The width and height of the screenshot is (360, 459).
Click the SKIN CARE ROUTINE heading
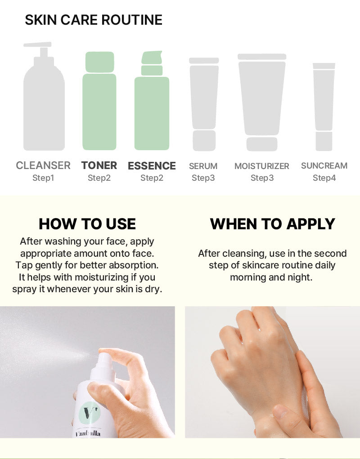(x=94, y=20)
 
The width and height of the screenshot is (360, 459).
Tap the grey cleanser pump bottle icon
(x=44, y=96)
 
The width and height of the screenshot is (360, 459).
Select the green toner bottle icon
(x=99, y=101)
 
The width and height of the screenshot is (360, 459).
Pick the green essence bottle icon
(x=152, y=100)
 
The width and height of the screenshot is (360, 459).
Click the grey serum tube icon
(x=204, y=104)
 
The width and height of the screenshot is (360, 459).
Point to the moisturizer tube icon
(x=262, y=102)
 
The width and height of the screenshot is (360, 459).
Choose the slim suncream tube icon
(x=324, y=107)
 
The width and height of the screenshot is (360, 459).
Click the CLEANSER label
(x=43, y=165)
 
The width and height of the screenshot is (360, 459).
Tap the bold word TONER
(x=99, y=165)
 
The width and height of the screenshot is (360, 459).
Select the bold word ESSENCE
(x=152, y=166)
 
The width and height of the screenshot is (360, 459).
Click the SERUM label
(x=203, y=166)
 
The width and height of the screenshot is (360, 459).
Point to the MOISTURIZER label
(x=262, y=166)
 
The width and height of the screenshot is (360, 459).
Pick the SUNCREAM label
(x=324, y=166)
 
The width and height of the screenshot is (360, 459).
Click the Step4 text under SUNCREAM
(x=324, y=178)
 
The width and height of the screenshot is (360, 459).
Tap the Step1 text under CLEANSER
(x=43, y=178)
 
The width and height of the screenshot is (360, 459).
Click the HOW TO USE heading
(x=87, y=224)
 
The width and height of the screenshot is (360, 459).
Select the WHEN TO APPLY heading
(x=272, y=224)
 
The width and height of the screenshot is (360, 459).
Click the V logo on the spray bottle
(x=90, y=412)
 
